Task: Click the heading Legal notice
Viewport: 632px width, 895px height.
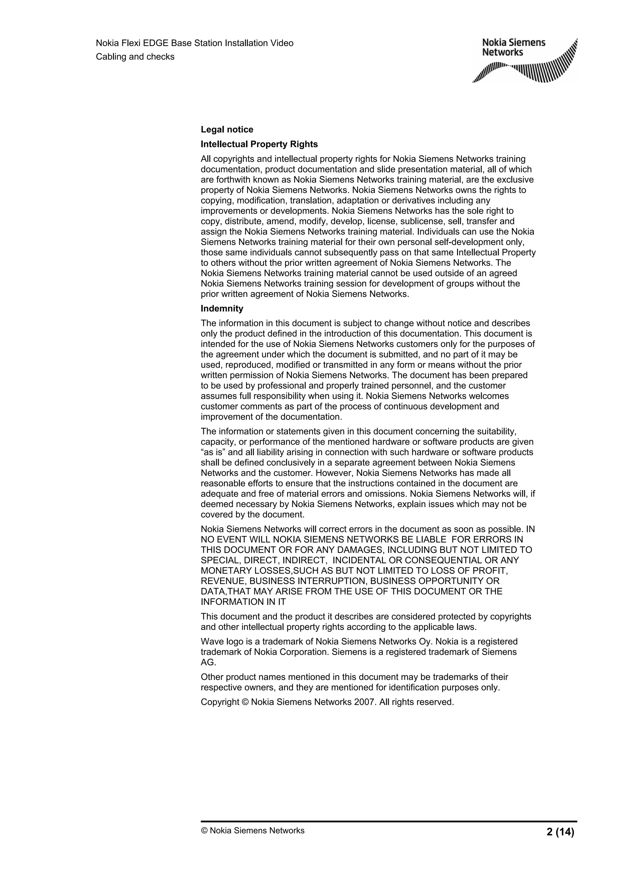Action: [x=227, y=129]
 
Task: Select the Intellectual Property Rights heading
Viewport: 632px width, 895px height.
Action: [x=259, y=144]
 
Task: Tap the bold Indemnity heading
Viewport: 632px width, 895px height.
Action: [x=222, y=309]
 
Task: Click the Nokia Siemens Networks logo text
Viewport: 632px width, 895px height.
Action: [x=513, y=48]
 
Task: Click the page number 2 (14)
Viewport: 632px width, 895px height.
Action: [x=560, y=832]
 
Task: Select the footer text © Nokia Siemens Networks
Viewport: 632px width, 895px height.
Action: [x=253, y=831]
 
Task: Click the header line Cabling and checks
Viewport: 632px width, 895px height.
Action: [x=135, y=57]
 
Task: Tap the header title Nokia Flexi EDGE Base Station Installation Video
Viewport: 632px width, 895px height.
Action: [x=194, y=43]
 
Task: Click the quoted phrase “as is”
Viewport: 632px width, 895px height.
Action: [x=213, y=452]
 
